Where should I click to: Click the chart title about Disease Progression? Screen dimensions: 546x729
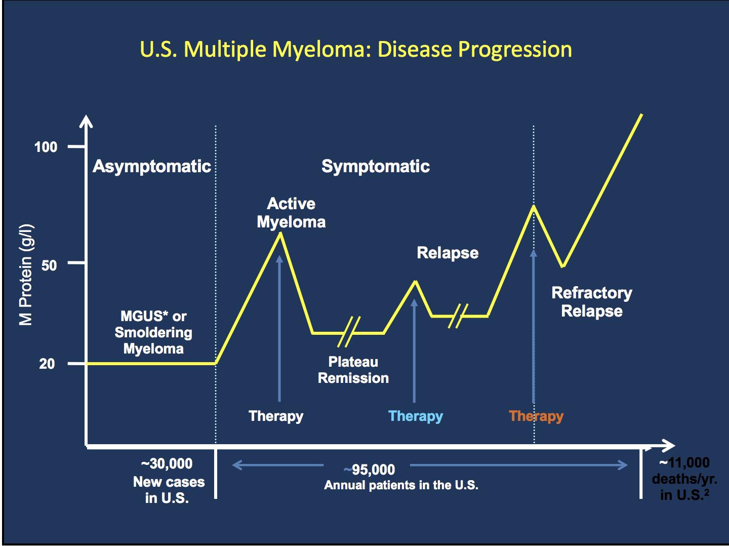(x=356, y=50)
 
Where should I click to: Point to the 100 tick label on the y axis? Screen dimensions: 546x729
(x=46, y=147)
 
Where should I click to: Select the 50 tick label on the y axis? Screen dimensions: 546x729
(x=49, y=265)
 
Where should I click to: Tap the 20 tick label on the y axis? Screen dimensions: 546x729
(x=47, y=364)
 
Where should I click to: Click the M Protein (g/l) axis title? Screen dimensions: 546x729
(x=26, y=274)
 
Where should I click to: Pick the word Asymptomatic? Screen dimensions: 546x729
(x=151, y=167)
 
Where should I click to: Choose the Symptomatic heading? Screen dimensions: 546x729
(x=375, y=167)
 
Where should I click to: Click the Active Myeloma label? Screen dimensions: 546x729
(x=291, y=213)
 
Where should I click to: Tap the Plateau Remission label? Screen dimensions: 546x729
(x=353, y=370)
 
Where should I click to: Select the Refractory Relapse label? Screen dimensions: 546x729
(x=591, y=302)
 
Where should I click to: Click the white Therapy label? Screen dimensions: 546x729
(x=276, y=416)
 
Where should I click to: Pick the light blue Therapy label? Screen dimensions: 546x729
(x=415, y=416)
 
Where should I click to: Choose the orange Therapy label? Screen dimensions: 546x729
(x=536, y=416)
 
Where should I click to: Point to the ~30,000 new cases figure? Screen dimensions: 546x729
(x=167, y=464)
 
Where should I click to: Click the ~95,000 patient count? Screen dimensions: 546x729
(x=370, y=470)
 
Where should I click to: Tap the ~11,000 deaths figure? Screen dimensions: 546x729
(x=684, y=463)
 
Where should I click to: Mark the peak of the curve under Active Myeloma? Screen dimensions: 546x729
(x=280, y=233)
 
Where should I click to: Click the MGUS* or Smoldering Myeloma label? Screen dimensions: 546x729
(x=153, y=332)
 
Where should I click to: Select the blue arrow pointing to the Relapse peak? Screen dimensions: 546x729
(x=414, y=349)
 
